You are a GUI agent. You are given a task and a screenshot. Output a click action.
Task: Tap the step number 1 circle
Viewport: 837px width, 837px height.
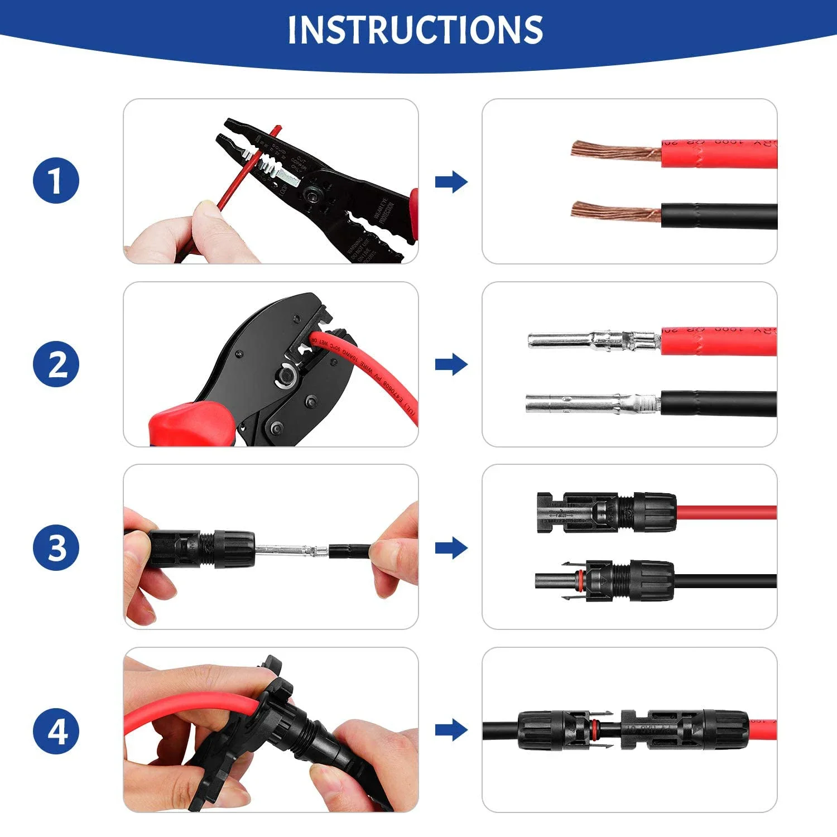click(x=56, y=181)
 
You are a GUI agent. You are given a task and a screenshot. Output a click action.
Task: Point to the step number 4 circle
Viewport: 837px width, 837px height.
click(x=56, y=730)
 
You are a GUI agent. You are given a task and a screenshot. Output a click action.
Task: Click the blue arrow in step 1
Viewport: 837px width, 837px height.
click(x=451, y=181)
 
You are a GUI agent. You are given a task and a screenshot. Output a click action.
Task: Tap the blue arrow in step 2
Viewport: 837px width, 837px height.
click(x=451, y=364)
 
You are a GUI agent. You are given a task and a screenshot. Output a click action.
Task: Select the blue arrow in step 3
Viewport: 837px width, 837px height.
click(x=451, y=547)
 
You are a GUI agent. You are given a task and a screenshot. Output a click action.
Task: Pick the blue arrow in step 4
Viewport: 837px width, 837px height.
click(x=451, y=730)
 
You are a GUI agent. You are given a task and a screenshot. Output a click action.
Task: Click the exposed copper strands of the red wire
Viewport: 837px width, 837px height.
click(x=614, y=151)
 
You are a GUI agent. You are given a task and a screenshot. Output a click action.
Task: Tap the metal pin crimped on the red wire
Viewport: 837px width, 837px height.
click(x=591, y=339)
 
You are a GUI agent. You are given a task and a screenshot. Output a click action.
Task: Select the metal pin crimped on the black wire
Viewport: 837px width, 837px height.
click(x=591, y=403)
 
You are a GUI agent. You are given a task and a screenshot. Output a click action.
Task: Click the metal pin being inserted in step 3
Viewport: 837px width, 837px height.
click(x=290, y=551)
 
